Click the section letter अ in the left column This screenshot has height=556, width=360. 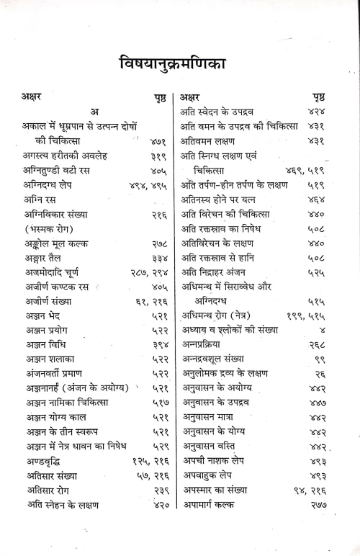point(94,110)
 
